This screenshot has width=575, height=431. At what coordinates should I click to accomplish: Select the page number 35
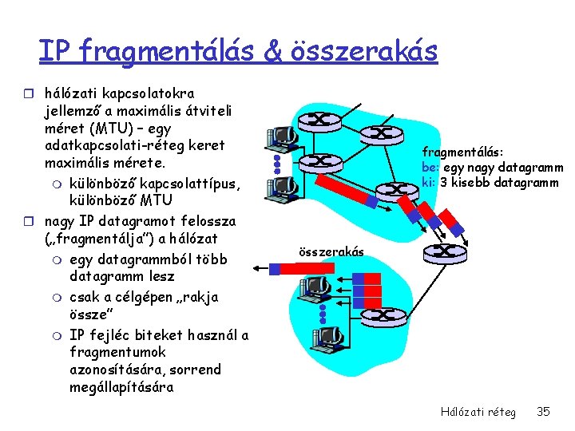(544, 412)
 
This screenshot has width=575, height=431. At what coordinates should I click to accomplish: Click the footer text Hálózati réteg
(478, 412)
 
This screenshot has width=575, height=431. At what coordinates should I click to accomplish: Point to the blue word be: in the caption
(430, 168)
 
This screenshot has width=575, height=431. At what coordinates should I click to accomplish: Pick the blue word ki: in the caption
(429, 183)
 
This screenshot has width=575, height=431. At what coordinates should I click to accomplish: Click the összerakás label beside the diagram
(331, 252)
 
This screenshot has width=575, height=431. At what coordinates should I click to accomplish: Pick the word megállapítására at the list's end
(121, 388)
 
